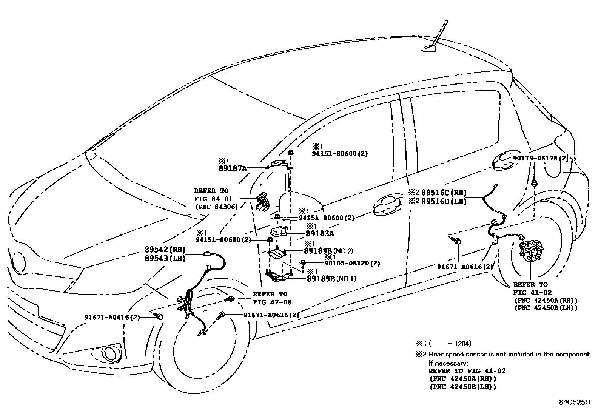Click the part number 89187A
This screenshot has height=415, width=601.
[x=233, y=168]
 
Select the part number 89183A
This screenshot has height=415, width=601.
[x=320, y=234]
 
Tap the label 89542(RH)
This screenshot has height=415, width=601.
[x=165, y=250]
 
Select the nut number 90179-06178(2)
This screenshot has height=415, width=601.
[x=540, y=158]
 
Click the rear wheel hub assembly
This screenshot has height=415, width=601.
[x=529, y=251]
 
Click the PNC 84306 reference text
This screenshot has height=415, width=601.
[x=216, y=207]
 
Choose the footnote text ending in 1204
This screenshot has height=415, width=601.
[x=443, y=344]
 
